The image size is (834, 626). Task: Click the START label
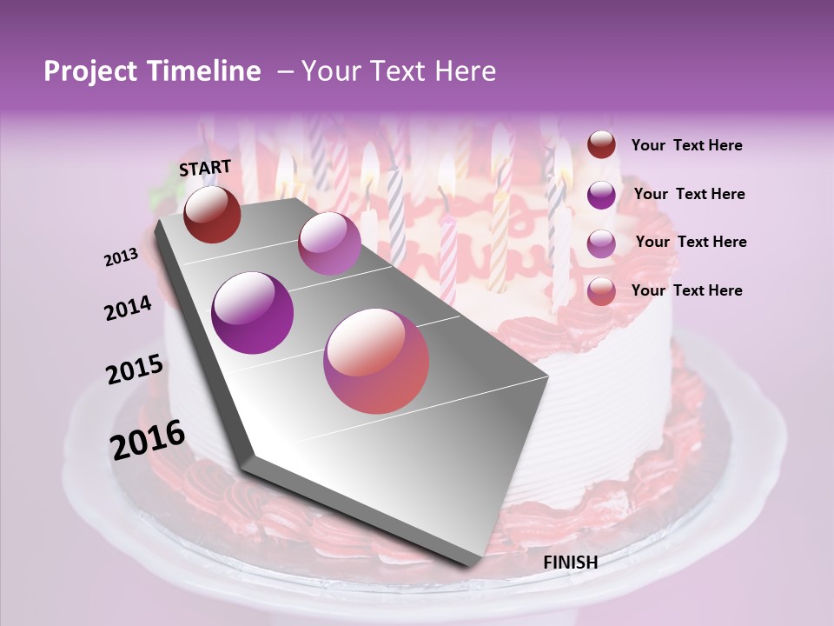click(205, 167)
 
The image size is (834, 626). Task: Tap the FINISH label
click(570, 563)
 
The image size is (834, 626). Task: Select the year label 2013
click(122, 257)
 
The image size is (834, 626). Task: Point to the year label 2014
click(129, 309)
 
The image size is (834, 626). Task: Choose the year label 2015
click(135, 370)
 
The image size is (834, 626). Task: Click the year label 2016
click(148, 440)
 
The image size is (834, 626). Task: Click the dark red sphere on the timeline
click(212, 214)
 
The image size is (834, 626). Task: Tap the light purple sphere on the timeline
click(329, 243)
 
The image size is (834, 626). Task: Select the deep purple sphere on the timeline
click(253, 313)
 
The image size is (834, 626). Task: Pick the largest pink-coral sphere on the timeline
click(376, 361)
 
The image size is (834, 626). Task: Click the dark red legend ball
click(601, 144)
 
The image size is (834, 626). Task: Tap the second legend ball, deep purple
click(601, 195)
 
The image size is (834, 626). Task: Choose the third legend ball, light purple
click(601, 243)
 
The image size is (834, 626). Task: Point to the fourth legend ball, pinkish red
click(601, 290)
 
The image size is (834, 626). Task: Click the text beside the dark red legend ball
click(686, 145)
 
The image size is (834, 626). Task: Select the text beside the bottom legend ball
click(686, 290)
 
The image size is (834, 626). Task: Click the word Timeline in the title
click(204, 71)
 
